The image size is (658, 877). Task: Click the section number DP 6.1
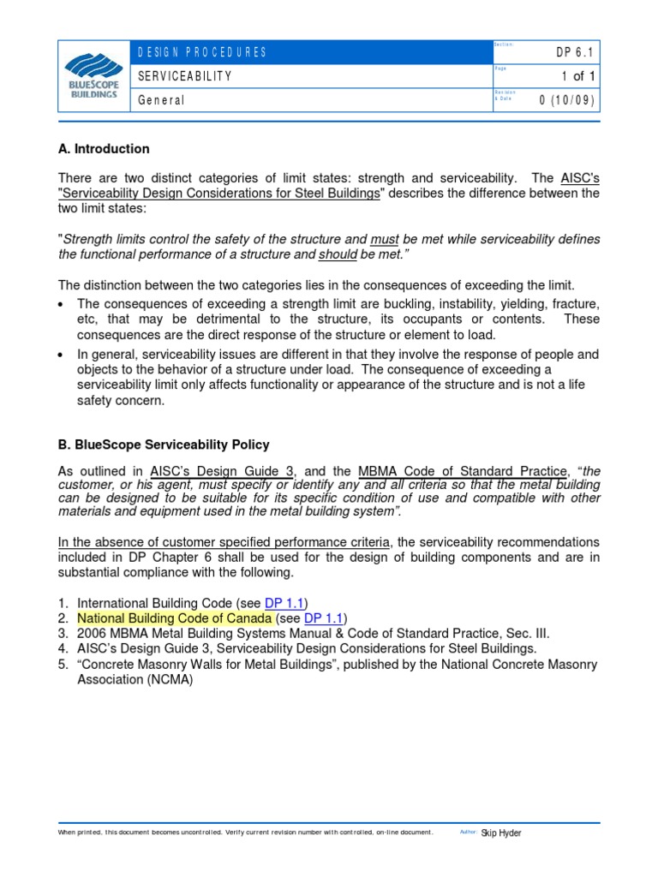point(575,53)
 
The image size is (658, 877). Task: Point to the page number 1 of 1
point(578,76)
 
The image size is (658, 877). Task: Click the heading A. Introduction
point(104,149)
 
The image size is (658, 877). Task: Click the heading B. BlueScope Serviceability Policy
point(164,444)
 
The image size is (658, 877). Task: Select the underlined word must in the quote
point(384,239)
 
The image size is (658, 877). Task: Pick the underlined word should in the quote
point(338,254)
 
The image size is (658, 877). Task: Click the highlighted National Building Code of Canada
point(175,618)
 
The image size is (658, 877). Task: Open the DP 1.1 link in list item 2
point(325,618)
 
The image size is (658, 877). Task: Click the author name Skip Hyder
point(501,832)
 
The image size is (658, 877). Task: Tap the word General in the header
point(161,100)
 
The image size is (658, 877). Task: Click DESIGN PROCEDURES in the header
point(202,53)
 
